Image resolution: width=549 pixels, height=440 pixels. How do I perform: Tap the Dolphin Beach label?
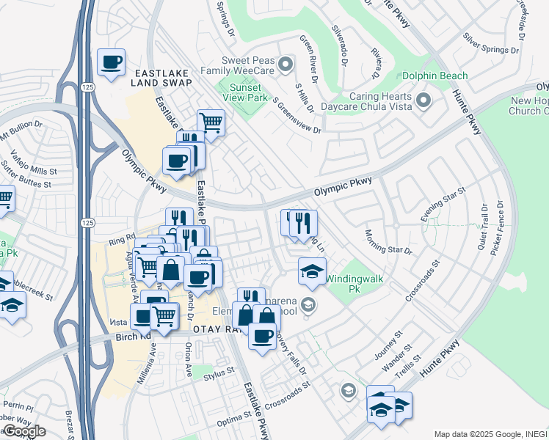click(434, 76)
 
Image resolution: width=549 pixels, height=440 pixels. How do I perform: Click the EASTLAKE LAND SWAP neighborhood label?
click(162, 78)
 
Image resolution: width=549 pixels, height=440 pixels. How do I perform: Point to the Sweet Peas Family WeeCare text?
click(254, 67)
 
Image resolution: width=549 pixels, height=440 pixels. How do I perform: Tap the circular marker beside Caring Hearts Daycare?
click(423, 100)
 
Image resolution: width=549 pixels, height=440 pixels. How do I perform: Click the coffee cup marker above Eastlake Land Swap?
click(111, 62)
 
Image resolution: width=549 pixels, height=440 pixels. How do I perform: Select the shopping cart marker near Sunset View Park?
click(211, 122)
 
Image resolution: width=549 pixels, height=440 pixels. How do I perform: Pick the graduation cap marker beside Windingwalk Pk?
click(312, 271)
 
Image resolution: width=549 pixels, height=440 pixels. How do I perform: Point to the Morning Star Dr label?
click(388, 241)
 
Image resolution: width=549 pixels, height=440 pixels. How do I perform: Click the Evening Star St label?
click(443, 205)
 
